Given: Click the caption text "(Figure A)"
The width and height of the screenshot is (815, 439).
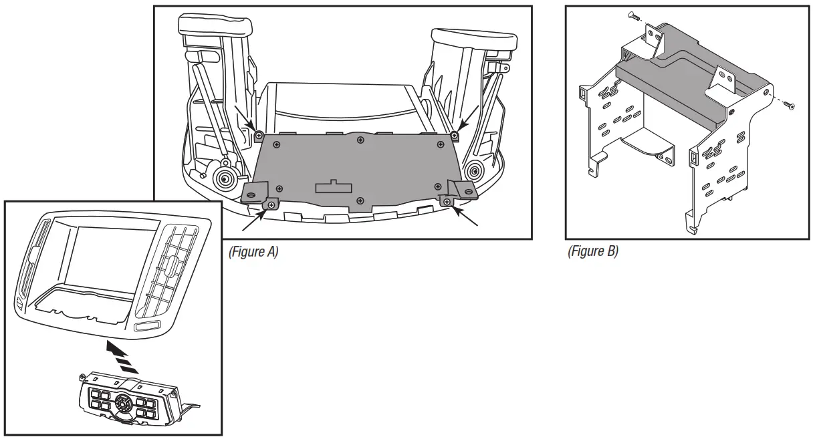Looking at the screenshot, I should [x=253, y=252].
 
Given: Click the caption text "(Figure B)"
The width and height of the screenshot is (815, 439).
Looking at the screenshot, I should [x=592, y=252].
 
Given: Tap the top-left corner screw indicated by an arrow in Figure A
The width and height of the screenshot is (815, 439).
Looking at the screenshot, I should [x=259, y=136].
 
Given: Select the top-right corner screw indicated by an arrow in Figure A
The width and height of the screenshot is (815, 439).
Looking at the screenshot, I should [x=455, y=136].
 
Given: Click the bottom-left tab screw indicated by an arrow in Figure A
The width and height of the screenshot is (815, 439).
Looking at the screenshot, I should [x=271, y=205].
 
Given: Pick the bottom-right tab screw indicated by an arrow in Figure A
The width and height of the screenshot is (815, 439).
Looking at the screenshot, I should [x=447, y=200].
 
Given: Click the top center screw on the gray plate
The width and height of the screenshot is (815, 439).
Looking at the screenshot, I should [x=360, y=140].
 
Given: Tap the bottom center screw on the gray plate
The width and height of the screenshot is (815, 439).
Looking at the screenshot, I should [x=360, y=200].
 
